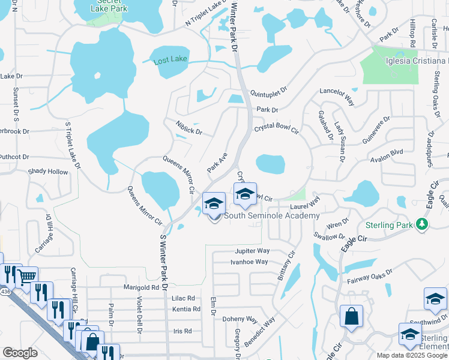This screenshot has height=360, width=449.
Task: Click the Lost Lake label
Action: (170, 61)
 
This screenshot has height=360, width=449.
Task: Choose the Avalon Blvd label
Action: (387, 152)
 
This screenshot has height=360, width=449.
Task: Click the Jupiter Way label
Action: (253, 251)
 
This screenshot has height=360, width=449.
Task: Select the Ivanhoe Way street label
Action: (249, 262)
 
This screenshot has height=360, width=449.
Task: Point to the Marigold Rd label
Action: (145, 287)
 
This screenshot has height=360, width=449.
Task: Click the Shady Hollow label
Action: (49, 172)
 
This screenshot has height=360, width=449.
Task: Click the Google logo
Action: (20, 352)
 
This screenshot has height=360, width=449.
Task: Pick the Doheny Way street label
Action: (240, 319)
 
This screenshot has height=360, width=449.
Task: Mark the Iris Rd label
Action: (182, 331)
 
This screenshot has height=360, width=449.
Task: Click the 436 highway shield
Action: (5, 292)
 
